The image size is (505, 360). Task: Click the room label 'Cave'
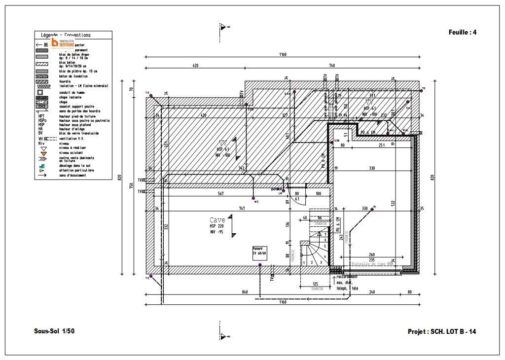coord(217,220)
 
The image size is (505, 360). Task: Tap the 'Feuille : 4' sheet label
coord(463,33)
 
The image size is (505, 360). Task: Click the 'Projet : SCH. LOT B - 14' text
coord(442,331)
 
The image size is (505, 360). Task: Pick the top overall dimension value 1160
coord(283,55)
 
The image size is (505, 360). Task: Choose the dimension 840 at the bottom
coord(245,292)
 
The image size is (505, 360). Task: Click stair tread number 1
coord(304,262)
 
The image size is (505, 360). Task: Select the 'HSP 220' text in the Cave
coord(216,226)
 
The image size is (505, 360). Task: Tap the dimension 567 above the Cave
coord(220,194)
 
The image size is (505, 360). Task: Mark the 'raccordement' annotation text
coord(346,277)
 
